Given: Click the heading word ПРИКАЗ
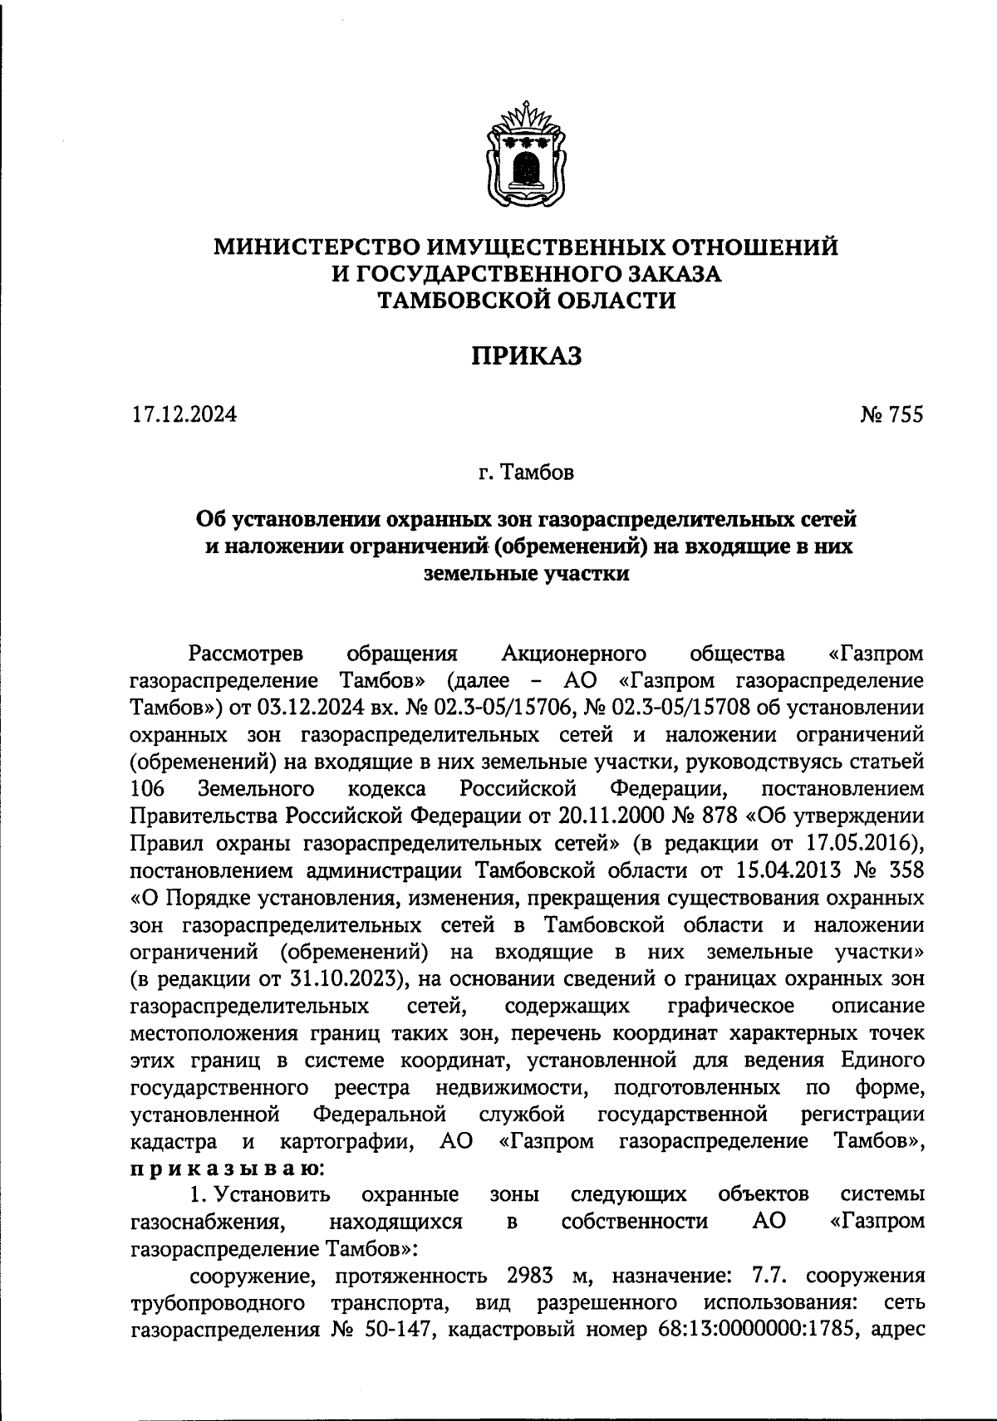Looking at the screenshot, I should (527, 356).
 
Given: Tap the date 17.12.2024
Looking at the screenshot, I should (184, 414).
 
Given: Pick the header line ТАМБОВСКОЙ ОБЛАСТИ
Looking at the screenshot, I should (527, 301).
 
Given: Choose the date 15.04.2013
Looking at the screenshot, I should (793, 870).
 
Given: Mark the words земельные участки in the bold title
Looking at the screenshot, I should (526, 573).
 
